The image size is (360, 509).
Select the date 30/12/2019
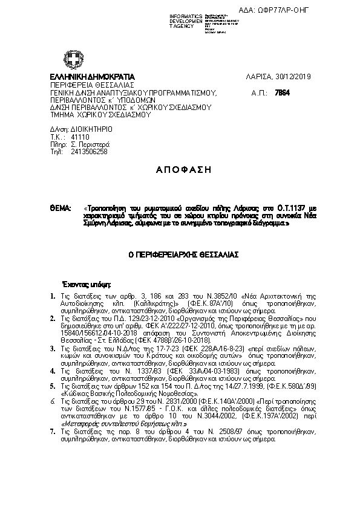pyautogui.click(x=293, y=77)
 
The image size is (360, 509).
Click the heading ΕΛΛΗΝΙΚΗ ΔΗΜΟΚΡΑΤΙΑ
pyautogui.click(x=93, y=77)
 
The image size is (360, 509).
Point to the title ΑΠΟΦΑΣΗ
pyautogui.click(x=180, y=170)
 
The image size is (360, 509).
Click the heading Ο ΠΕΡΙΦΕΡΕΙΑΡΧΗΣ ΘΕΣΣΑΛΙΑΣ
pyautogui.click(x=179, y=255)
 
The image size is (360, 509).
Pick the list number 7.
pyautogui.click(x=53, y=432)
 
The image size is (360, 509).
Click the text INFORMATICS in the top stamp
pyautogui.click(x=186, y=16)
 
